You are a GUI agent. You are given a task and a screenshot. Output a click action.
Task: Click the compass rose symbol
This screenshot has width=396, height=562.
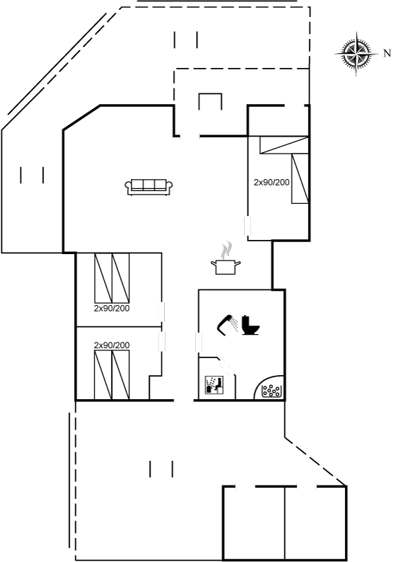(356, 54)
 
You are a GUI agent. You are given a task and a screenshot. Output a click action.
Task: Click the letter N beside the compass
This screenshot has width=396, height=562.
(387, 53)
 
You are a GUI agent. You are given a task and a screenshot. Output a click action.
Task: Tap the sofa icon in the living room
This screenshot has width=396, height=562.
(149, 187)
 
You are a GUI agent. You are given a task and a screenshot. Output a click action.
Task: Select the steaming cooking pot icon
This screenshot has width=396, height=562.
(226, 260)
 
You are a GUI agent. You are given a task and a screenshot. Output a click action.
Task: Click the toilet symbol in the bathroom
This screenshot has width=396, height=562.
(250, 325)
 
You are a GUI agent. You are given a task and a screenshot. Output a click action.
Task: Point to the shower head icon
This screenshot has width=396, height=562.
(228, 324)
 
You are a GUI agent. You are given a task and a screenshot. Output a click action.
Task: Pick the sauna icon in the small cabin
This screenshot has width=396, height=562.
(214, 384)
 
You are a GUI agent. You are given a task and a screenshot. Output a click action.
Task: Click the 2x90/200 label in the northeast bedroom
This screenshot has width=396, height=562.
(272, 183)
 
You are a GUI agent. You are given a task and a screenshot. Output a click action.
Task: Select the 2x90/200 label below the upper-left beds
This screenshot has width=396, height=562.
(112, 308)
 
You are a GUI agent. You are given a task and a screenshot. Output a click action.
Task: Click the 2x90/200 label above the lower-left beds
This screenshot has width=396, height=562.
(112, 345)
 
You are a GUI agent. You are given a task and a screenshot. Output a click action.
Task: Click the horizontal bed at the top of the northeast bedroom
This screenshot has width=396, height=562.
(284, 145)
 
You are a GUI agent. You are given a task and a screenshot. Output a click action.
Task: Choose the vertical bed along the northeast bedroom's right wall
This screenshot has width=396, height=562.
(300, 179)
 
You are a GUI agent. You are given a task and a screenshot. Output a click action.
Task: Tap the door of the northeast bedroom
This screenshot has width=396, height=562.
(248, 226)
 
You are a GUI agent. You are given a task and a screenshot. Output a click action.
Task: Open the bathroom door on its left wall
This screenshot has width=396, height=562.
(199, 343)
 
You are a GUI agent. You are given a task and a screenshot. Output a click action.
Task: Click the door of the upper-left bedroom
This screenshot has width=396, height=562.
(162, 312)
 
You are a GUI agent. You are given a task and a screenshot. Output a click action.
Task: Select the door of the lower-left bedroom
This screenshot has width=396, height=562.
(162, 342)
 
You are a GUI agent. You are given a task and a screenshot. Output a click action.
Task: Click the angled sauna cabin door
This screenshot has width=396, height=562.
(226, 367)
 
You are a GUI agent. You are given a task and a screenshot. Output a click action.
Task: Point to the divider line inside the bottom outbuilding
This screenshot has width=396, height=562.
(285, 524)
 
